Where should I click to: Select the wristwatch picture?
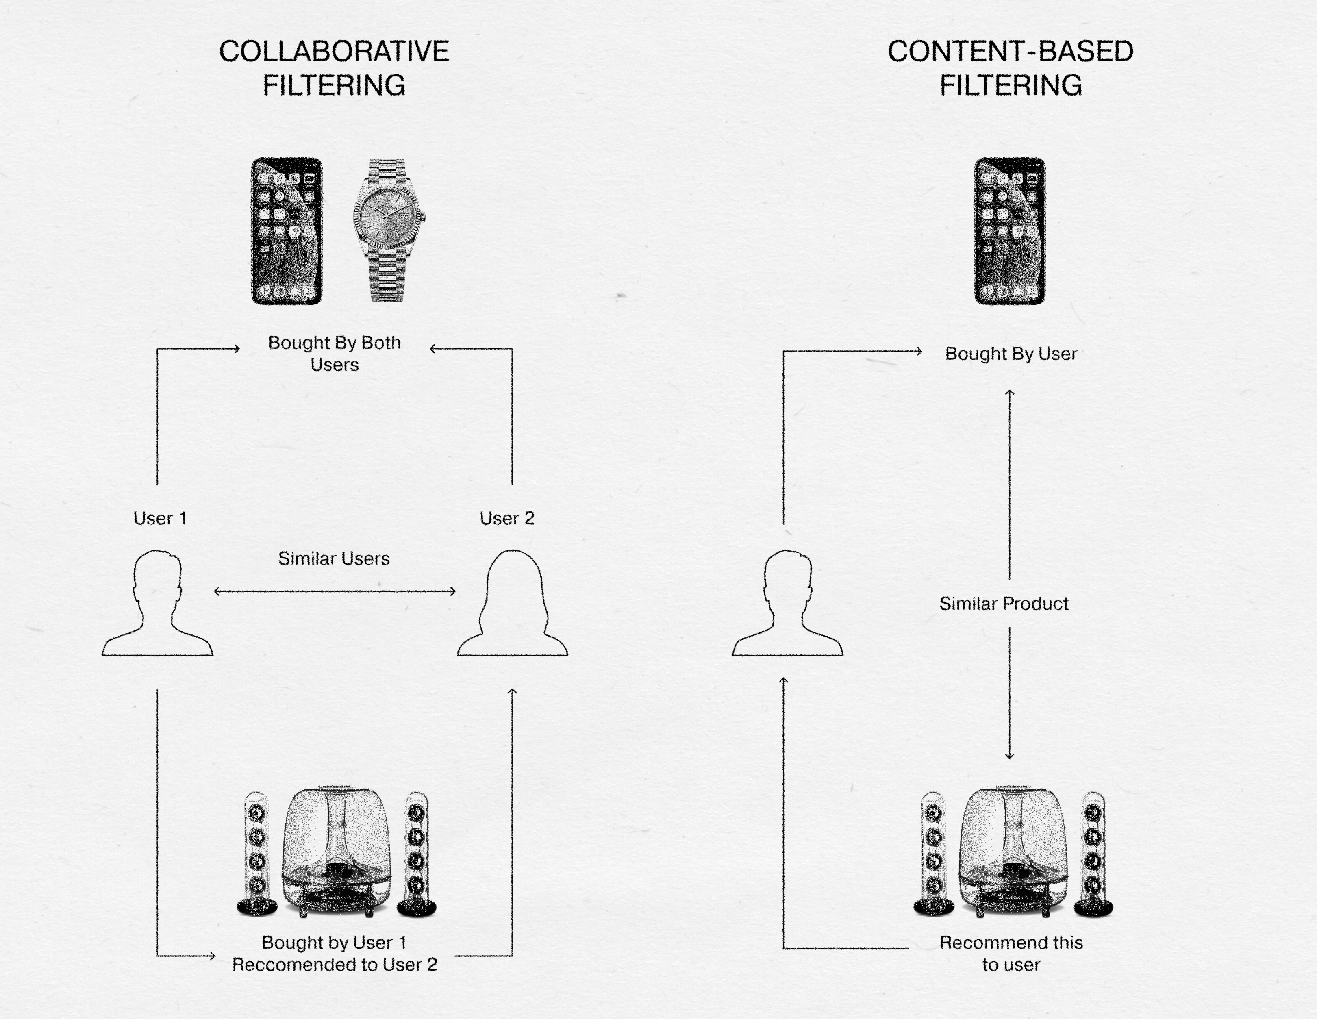[388, 230]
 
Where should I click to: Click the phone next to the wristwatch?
[287, 231]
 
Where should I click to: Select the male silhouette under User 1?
[157, 602]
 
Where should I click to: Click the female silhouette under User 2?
[513, 602]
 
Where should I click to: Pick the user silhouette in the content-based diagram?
[787, 602]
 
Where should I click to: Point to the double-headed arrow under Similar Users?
[335, 591]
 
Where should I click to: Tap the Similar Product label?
[1004, 604]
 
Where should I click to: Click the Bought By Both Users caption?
[334, 353]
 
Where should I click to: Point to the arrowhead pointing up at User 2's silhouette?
[513, 691]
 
